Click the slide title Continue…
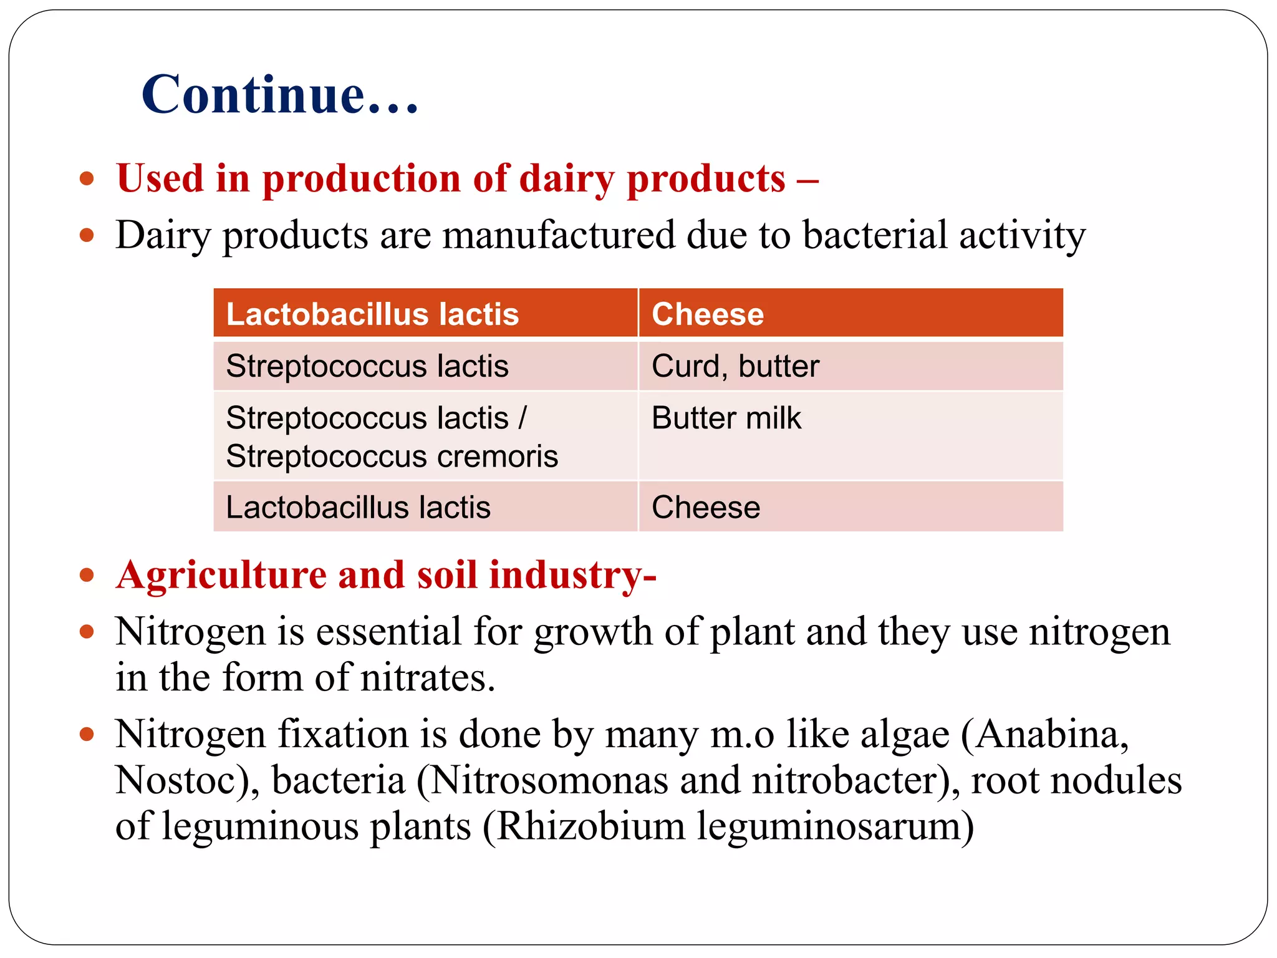tap(279, 95)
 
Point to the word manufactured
tap(559, 235)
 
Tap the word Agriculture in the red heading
tap(221, 574)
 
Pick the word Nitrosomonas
tap(549, 780)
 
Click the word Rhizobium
tap(591, 826)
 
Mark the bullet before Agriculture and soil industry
tap(87, 574)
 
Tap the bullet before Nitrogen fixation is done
tap(87, 734)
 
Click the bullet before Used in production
tap(87, 179)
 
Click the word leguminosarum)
tap(836, 826)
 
